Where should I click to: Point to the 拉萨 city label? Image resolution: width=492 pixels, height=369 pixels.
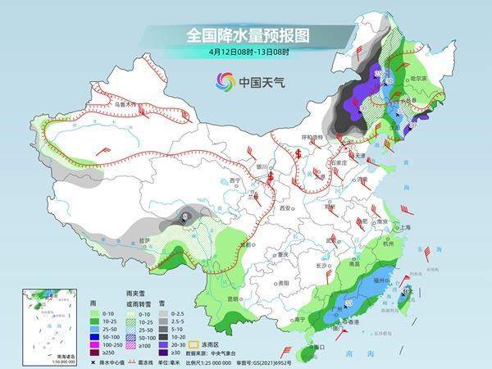pyautogui.click(x=145, y=240)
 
